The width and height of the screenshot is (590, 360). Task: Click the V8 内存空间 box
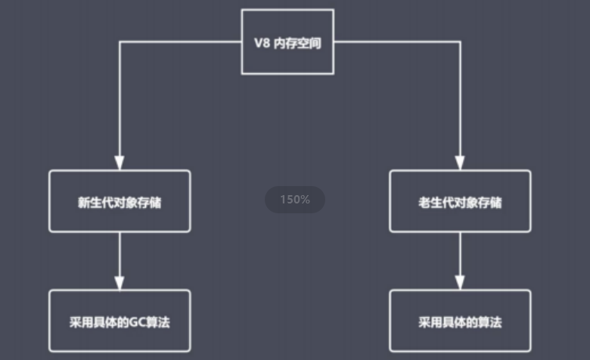click(x=287, y=42)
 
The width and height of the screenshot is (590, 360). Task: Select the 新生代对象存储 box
click(x=120, y=201)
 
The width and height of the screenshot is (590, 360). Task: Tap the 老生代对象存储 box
click(x=460, y=201)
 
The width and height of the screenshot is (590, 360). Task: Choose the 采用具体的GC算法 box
click(x=120, y=321)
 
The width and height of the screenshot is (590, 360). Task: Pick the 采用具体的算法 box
click(x=460, y=321)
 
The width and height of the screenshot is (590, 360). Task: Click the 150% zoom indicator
click(x=295, y=200)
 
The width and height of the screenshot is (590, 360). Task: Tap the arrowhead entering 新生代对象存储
click(x=120, y=163)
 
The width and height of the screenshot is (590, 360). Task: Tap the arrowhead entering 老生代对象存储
click(x=460, y=163)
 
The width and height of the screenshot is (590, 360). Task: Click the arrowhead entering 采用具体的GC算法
click(x=120, y=282)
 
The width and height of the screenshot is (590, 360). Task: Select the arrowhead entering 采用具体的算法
click(x=460, y=282)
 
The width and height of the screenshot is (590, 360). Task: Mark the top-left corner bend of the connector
click(x=120, y=42)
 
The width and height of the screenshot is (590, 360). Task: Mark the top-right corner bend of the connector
click(x=460, y=42)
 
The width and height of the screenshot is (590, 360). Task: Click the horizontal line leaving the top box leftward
click(x=182, y=42)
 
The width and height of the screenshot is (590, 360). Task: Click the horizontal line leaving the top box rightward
click(x=397, y=42)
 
